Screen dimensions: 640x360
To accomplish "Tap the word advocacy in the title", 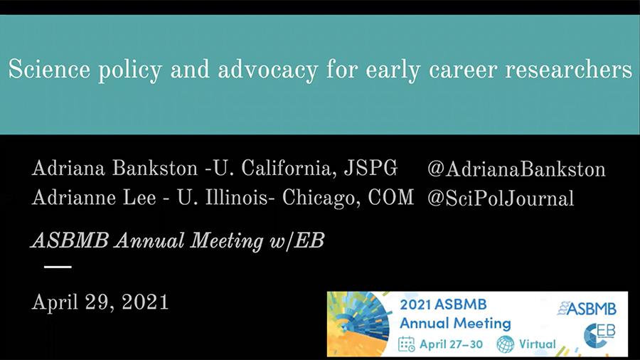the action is coord(268,70).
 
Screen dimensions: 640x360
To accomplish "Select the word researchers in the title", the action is coord(569,70).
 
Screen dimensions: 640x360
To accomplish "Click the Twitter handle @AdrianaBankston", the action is coord(516,169).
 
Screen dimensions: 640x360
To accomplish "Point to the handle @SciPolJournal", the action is coord(501,198).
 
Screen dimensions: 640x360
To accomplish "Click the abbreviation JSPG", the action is coord(370,168).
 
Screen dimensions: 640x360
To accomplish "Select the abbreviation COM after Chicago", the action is coord(390,197).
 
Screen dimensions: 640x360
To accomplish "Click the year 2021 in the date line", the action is coord(145,302).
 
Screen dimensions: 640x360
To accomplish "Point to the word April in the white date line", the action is coord(55,303).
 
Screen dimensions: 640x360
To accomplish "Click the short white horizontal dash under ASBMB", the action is coord(58,267).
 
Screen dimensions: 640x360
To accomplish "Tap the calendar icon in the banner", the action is coord(406,344).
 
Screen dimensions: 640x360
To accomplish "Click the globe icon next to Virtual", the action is coord(506,344).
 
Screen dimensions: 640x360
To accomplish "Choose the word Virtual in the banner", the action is coord(537,344).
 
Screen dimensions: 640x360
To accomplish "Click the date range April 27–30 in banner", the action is coord(451,344).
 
